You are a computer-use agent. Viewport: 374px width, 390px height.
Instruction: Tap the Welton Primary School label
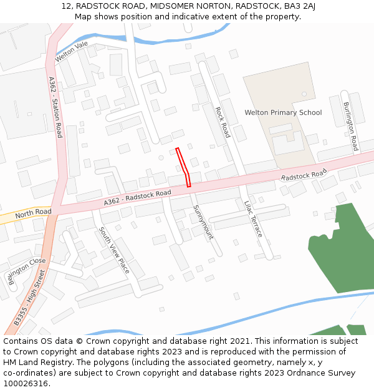point(283,113)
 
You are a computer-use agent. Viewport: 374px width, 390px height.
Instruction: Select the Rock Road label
point(222,122)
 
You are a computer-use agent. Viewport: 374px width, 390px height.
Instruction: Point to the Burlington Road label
point(350,127)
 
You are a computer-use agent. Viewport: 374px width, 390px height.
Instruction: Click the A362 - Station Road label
point(55,107)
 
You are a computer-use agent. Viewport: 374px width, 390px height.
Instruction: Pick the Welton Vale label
point(72,52)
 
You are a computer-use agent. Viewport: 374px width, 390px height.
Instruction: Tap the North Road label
point(34,213)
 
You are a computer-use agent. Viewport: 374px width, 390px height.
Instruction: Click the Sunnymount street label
point(203,222)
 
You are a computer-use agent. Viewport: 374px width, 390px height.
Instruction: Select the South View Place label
point(114,250)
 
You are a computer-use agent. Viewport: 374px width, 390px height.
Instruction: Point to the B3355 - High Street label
point(30,298)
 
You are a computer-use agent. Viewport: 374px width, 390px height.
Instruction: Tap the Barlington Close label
point(27,271)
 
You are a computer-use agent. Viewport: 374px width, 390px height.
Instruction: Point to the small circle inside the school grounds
point(304,94)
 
